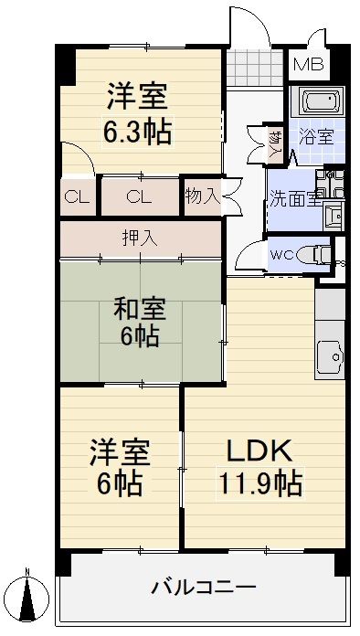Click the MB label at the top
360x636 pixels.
click(x=307, y=65)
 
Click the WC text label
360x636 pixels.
click(x=281, y=254)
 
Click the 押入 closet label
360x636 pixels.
click(x=141, y=238)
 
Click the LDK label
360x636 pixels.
click(x=259, y=450)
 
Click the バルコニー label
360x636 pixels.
click(x=203, y=586)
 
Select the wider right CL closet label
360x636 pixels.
click(x=139, y=196)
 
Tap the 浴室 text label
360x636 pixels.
click(x=316, y=138)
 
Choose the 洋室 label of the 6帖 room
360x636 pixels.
click(x=119, y=451)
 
